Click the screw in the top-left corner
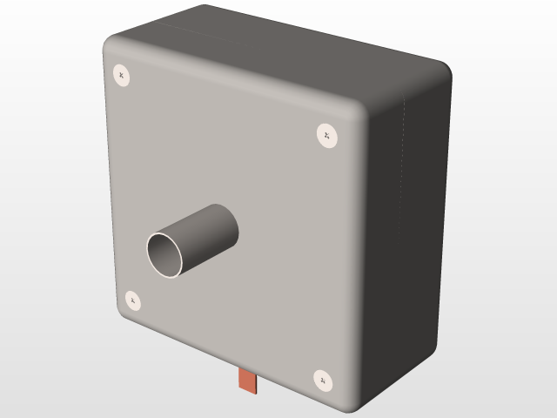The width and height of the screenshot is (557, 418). click(122, 76)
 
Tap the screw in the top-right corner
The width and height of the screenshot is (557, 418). click(326, 135)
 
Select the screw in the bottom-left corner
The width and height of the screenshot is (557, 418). click(132, 300)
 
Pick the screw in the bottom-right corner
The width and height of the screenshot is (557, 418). click(323, 381)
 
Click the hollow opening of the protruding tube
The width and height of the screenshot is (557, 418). click(165, 255)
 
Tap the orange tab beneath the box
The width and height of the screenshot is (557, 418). click(248, 381)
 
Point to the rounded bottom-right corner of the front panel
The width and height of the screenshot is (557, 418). click(352, 402)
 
